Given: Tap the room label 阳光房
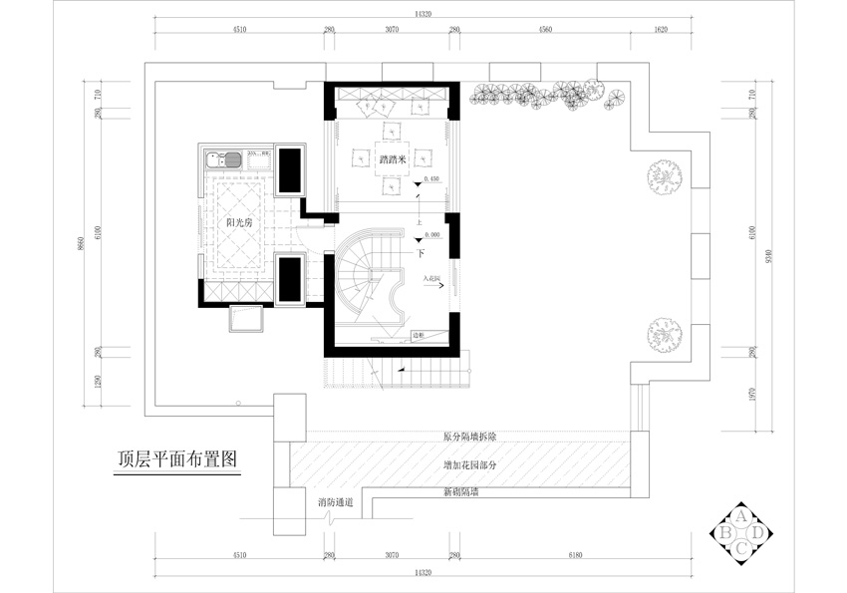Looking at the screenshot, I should point(238,222).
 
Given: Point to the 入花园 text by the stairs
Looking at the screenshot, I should point(430,278).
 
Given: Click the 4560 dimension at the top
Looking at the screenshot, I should point(545,31).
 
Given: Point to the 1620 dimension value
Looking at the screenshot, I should point(661,31).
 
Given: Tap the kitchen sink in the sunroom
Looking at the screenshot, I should point(222,157).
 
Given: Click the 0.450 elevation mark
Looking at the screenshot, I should point(431,179).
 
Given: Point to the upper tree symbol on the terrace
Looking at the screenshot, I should point(662,177).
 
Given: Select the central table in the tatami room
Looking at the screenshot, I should point(390,157).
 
